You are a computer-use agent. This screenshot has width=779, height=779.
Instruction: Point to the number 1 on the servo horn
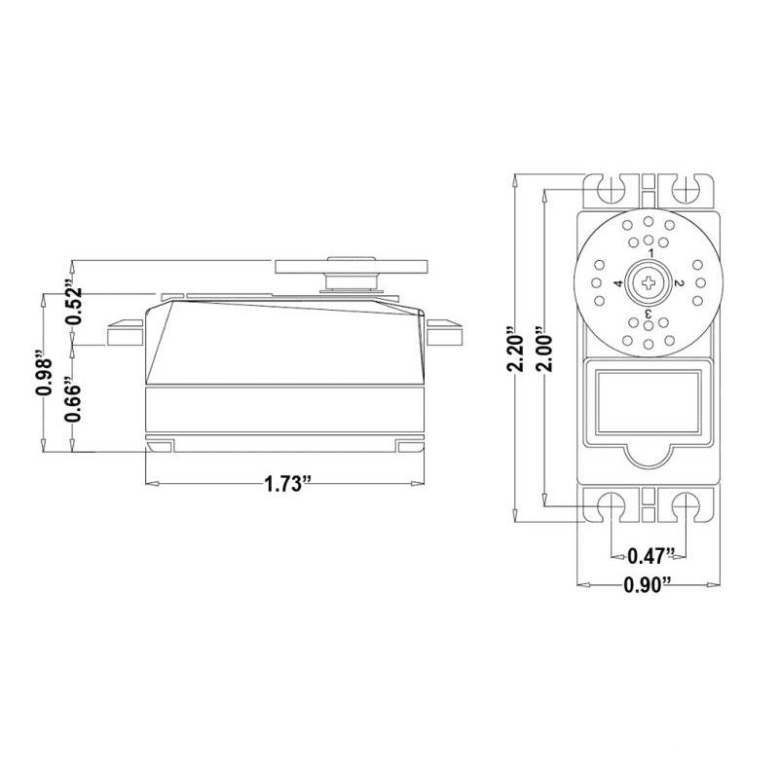pos(649,253)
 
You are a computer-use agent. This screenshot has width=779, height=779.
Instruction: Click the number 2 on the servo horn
pos(679,283)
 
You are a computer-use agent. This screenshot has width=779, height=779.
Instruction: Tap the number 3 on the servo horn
pos(649,314)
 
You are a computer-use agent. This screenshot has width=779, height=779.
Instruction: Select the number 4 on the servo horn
pos(618,283)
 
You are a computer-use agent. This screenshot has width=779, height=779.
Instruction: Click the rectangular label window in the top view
pos(649,399)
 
